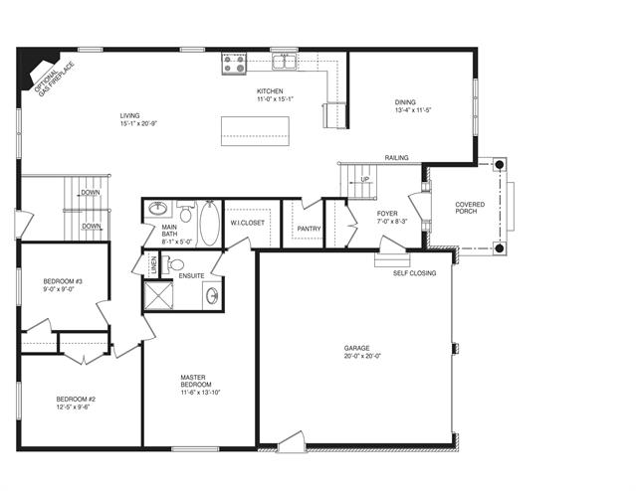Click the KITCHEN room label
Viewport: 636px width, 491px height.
(270, 91)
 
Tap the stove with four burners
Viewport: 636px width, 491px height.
(234, 64)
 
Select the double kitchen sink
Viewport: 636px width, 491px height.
(285, 63)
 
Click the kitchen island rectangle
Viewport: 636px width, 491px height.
(255, 131)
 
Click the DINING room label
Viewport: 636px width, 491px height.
(405, 102)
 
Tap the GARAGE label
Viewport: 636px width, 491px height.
(357, 348)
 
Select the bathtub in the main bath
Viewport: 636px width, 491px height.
(210, 223)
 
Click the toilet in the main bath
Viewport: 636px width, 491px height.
(185, 213)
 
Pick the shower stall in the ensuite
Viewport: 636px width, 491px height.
(158, 295)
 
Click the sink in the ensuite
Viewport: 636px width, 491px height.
(212, 295)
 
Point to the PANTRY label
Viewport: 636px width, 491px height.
(310, 229)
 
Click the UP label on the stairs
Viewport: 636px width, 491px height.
(365, 180)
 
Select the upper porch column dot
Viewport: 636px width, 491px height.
(500, 164)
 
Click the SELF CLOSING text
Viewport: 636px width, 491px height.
(414, 273)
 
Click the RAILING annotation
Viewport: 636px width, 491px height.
(397, 158)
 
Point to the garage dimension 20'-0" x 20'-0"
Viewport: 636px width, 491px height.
(362, 356)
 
